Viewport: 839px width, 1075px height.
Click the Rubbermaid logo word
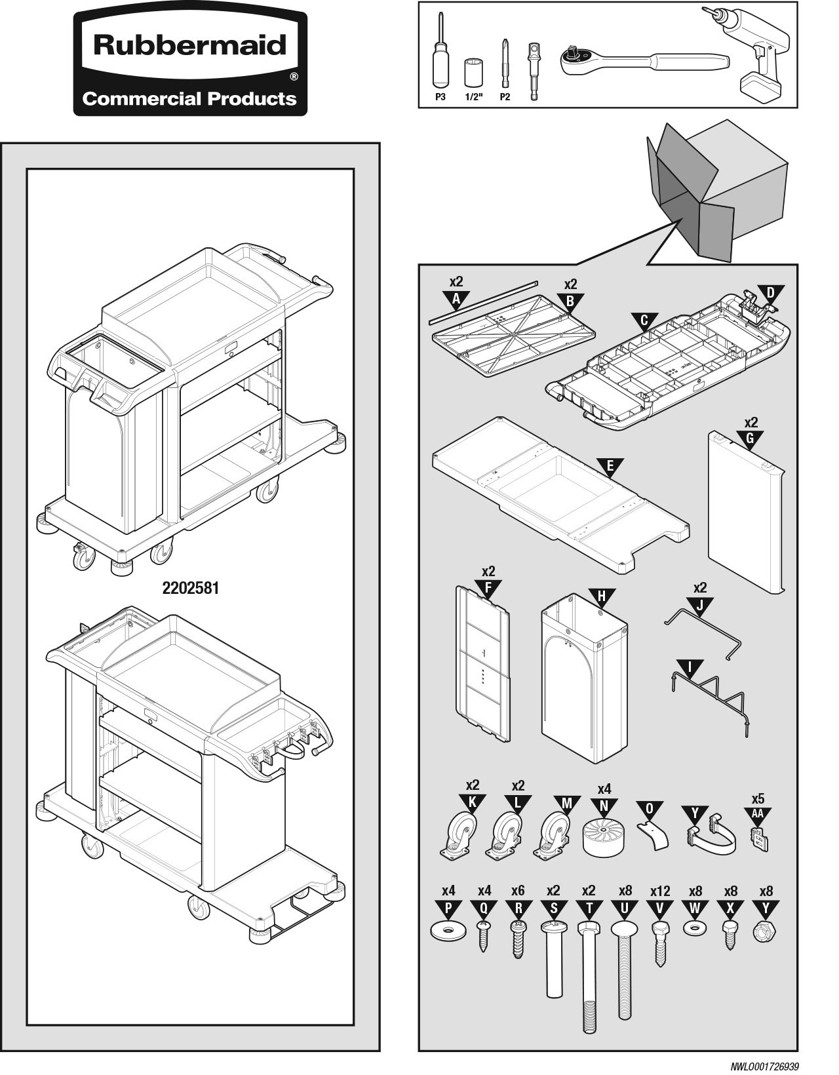(x=190, y=45)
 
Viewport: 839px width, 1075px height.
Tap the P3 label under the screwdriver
(x=440, y=97)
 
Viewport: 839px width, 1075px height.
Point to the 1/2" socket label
(x=473, y=97)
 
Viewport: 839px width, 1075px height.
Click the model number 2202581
(x=191, y=588)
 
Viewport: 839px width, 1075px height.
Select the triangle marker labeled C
(x=644, y=321)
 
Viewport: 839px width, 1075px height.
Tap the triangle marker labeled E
(x=610, y=467)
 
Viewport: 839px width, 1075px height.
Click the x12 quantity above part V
(x=660, y=891)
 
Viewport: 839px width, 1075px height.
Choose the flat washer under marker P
(x=448, y=931)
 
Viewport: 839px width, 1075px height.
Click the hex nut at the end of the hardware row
(x=765, y=931)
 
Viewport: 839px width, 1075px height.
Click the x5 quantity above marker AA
(x=758, y=799)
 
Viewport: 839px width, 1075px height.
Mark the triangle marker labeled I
(x=690, y=668)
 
